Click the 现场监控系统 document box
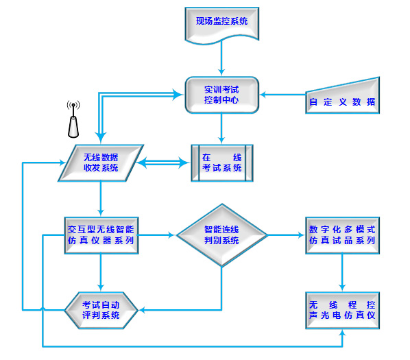[221, 25]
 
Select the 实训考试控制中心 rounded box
[221, 95]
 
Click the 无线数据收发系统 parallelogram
[101, 163]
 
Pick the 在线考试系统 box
[222, 163]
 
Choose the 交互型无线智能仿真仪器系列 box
[101, 235]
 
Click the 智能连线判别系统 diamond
[221, 235]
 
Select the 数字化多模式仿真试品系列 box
[342, 235]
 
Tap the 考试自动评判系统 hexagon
[101, 311]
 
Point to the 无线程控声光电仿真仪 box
[342, 311]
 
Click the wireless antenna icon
[73, 119]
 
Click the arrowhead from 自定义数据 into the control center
[263, 95]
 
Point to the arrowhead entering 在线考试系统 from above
[221, 140]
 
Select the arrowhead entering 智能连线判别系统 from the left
[172, 235]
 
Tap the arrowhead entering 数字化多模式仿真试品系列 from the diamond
[302, 235]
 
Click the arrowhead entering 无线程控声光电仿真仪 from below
[342, 333]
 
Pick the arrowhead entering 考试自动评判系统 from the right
[142, 311]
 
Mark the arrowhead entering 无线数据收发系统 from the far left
[63, 163]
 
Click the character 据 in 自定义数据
[371, 101]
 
